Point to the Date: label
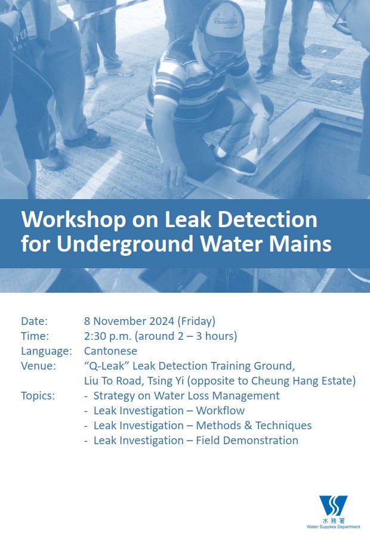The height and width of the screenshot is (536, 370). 34,321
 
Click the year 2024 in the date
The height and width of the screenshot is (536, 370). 161,321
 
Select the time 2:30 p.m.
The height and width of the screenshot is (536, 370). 108,336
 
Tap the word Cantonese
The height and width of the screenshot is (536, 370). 110,351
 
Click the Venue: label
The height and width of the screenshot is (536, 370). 38,365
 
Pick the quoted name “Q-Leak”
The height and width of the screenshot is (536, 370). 106,365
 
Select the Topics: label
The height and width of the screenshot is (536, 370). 38,395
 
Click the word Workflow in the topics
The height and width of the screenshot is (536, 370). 220,411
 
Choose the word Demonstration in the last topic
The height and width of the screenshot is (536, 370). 260,440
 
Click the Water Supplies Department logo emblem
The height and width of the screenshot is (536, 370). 333,506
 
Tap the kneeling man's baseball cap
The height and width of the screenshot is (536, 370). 222,27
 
